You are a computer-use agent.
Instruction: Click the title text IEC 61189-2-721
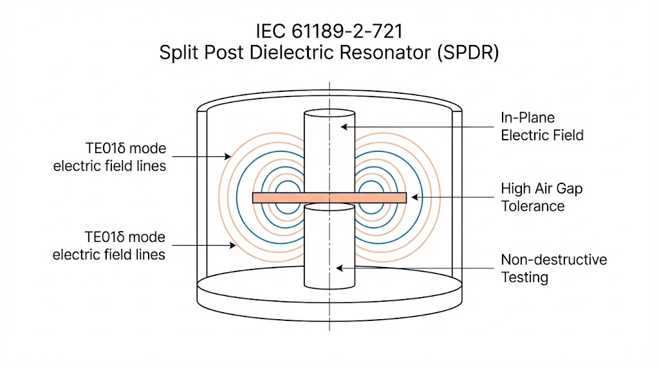329,30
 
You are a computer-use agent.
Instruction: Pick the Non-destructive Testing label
553,269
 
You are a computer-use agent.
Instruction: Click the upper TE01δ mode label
109,157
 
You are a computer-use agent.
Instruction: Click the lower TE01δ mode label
109,246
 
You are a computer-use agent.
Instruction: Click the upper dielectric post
329,148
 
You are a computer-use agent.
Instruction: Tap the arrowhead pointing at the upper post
344,127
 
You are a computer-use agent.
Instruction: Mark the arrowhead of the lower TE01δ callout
230,245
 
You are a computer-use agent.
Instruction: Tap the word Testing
524,278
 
